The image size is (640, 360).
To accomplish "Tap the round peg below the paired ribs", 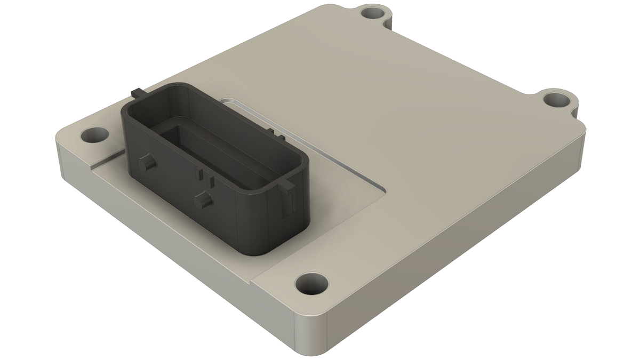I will point(203,201).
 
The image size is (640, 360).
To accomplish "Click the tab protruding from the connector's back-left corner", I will point(134,94).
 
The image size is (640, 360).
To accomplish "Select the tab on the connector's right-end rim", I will point(286,185).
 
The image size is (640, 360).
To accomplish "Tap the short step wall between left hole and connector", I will point(107,160).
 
